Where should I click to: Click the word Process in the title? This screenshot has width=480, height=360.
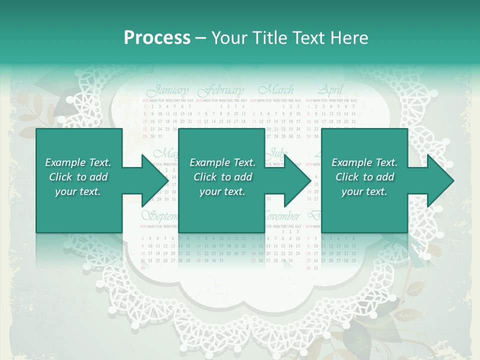click(x=157, y=38)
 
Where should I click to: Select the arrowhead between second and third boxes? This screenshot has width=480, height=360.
click(x=297, y=180)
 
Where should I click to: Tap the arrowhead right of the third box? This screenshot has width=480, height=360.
click(x=440, y=180)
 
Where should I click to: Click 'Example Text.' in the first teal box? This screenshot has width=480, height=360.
click(x=78, y=162)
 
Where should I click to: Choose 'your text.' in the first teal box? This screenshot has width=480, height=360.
click(x=78, y=191)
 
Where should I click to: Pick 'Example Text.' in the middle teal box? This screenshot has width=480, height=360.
click(x=222, y=162)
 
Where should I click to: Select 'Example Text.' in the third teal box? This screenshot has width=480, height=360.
click(x=364, y=162)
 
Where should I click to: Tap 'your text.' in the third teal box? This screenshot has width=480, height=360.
click(x=364, y=191)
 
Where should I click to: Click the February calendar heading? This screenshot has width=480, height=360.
click(x=221, y=91)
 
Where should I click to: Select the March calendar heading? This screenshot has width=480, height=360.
click(x=276, y=90)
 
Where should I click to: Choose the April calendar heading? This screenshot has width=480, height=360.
click(x=330, y=90)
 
